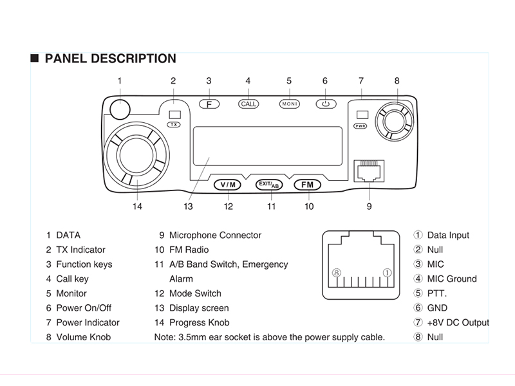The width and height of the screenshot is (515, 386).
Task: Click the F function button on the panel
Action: tap(209, 104)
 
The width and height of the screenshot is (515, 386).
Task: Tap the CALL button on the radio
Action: tap(248, 104)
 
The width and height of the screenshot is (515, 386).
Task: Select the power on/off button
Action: tap(326, 104)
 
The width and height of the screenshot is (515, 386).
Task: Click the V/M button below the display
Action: tap(229, 185)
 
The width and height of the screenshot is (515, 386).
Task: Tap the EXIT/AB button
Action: tap(268, 185)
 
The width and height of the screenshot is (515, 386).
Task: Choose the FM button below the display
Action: tap(308, 185)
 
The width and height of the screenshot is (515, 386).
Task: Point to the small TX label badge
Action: tap(174, 125)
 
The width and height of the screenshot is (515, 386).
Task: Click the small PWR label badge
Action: tap(361, 126)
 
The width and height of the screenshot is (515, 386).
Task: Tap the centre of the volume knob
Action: tap(393, 120)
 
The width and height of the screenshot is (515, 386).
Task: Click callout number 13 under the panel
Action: tap(188, 207)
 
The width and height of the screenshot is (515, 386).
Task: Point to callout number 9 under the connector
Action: tap(369, 207)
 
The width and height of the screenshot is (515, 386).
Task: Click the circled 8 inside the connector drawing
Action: tap(336, 273)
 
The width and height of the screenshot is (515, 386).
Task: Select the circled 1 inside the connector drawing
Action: tap(387, 273)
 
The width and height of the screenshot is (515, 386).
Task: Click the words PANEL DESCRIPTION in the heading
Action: tap(110, 59)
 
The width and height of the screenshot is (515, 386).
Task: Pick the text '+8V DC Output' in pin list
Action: tap(458, 322)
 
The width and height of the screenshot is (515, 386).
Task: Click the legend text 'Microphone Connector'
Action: tap(215, 235)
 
